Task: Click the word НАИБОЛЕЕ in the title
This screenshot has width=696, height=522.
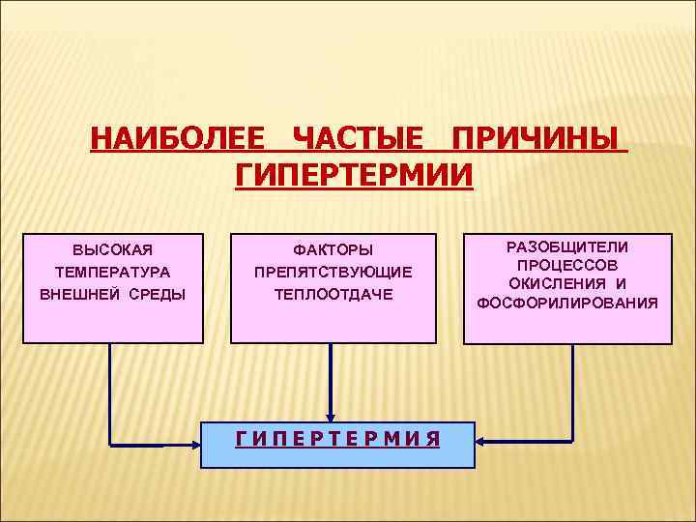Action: (x=177, y=139)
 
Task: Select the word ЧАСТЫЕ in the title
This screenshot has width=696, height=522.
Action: (x=358, y=139)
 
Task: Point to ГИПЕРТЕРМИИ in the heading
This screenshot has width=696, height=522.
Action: (x=355, y=176)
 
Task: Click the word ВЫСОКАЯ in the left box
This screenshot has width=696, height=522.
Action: (x=113, y=250)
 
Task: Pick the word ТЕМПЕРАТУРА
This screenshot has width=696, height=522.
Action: (x=113, y=273)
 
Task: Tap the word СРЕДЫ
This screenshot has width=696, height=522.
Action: (x=158, y=294)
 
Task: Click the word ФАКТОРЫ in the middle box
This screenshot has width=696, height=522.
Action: (x=333, y=250)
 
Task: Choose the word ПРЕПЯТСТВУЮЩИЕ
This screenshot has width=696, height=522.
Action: (x=333, y=273)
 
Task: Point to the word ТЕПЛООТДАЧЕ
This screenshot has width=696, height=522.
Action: (x=333, y=294)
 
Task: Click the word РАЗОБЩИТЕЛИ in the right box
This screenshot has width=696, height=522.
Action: (x=567, y=246)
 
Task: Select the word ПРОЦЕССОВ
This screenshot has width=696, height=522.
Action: (x=567, y=264)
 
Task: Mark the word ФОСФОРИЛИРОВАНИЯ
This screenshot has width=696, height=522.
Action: (x=567, y=303)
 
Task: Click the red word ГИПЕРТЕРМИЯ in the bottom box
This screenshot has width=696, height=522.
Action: (x=338, y=438)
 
